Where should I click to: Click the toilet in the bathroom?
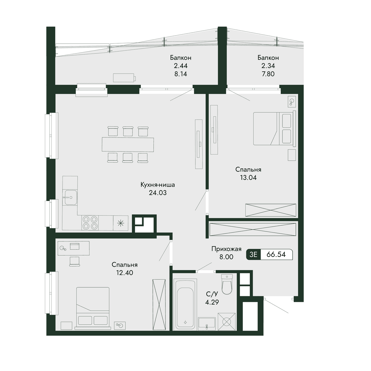tap(227, 284)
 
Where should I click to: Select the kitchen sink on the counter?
tap(71, 197)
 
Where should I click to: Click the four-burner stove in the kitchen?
tap(90, 223)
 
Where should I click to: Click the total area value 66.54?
tap(276, 254)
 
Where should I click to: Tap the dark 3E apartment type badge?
tap(254, 254)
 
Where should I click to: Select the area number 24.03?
tap(158, 193)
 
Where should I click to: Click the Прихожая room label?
tap(226, 249)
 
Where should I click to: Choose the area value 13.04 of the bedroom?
tap(248, 177)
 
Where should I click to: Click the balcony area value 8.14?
tap(181, 74)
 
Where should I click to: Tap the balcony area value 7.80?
tap(268, 74)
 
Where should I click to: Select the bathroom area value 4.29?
tap(212, 302)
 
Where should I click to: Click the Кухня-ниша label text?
tap(158, 185)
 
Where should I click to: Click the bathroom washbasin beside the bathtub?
tap(207, 324)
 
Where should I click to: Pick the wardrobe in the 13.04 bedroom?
tap(271, 210)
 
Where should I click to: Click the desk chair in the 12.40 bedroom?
tap(75, 262)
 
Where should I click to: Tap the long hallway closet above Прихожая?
tap(253, 229)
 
